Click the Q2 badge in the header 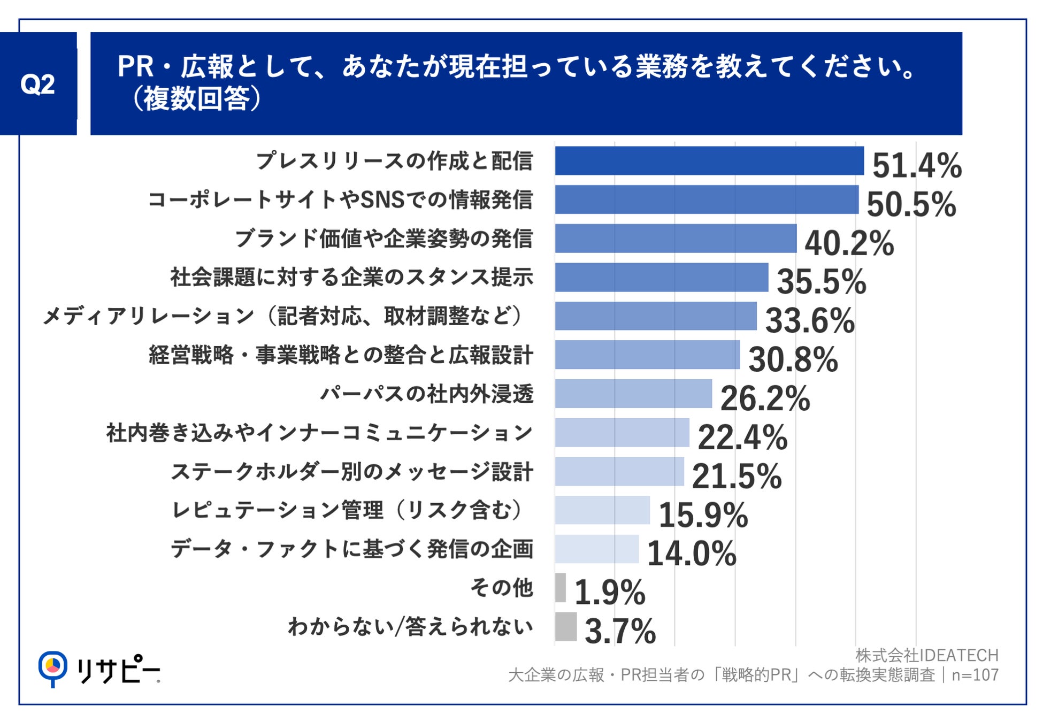[x=37, y=84]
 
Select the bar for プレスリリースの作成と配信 [x=709, y=160]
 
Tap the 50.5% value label [x=911, y=204]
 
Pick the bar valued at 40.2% [x=676, y=239]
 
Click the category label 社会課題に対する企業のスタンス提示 [x=351, y=277]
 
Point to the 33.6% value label [x=810, y=320]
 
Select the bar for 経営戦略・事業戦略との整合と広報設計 [x=647, y=355]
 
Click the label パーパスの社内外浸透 [x=426, y=394]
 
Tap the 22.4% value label [x=742, y=437]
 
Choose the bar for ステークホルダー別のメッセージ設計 [x=619, y=471]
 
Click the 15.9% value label [x=703, y=515]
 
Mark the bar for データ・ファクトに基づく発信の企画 [x=596, y=549]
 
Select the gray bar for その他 [x=560, y=587]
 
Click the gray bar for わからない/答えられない [x=565, y=626]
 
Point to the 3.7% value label [x=620, y=631]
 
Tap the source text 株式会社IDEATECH [x=926, y=655]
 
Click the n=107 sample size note [x=975, y=675]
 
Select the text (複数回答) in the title [x=196, y=99]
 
